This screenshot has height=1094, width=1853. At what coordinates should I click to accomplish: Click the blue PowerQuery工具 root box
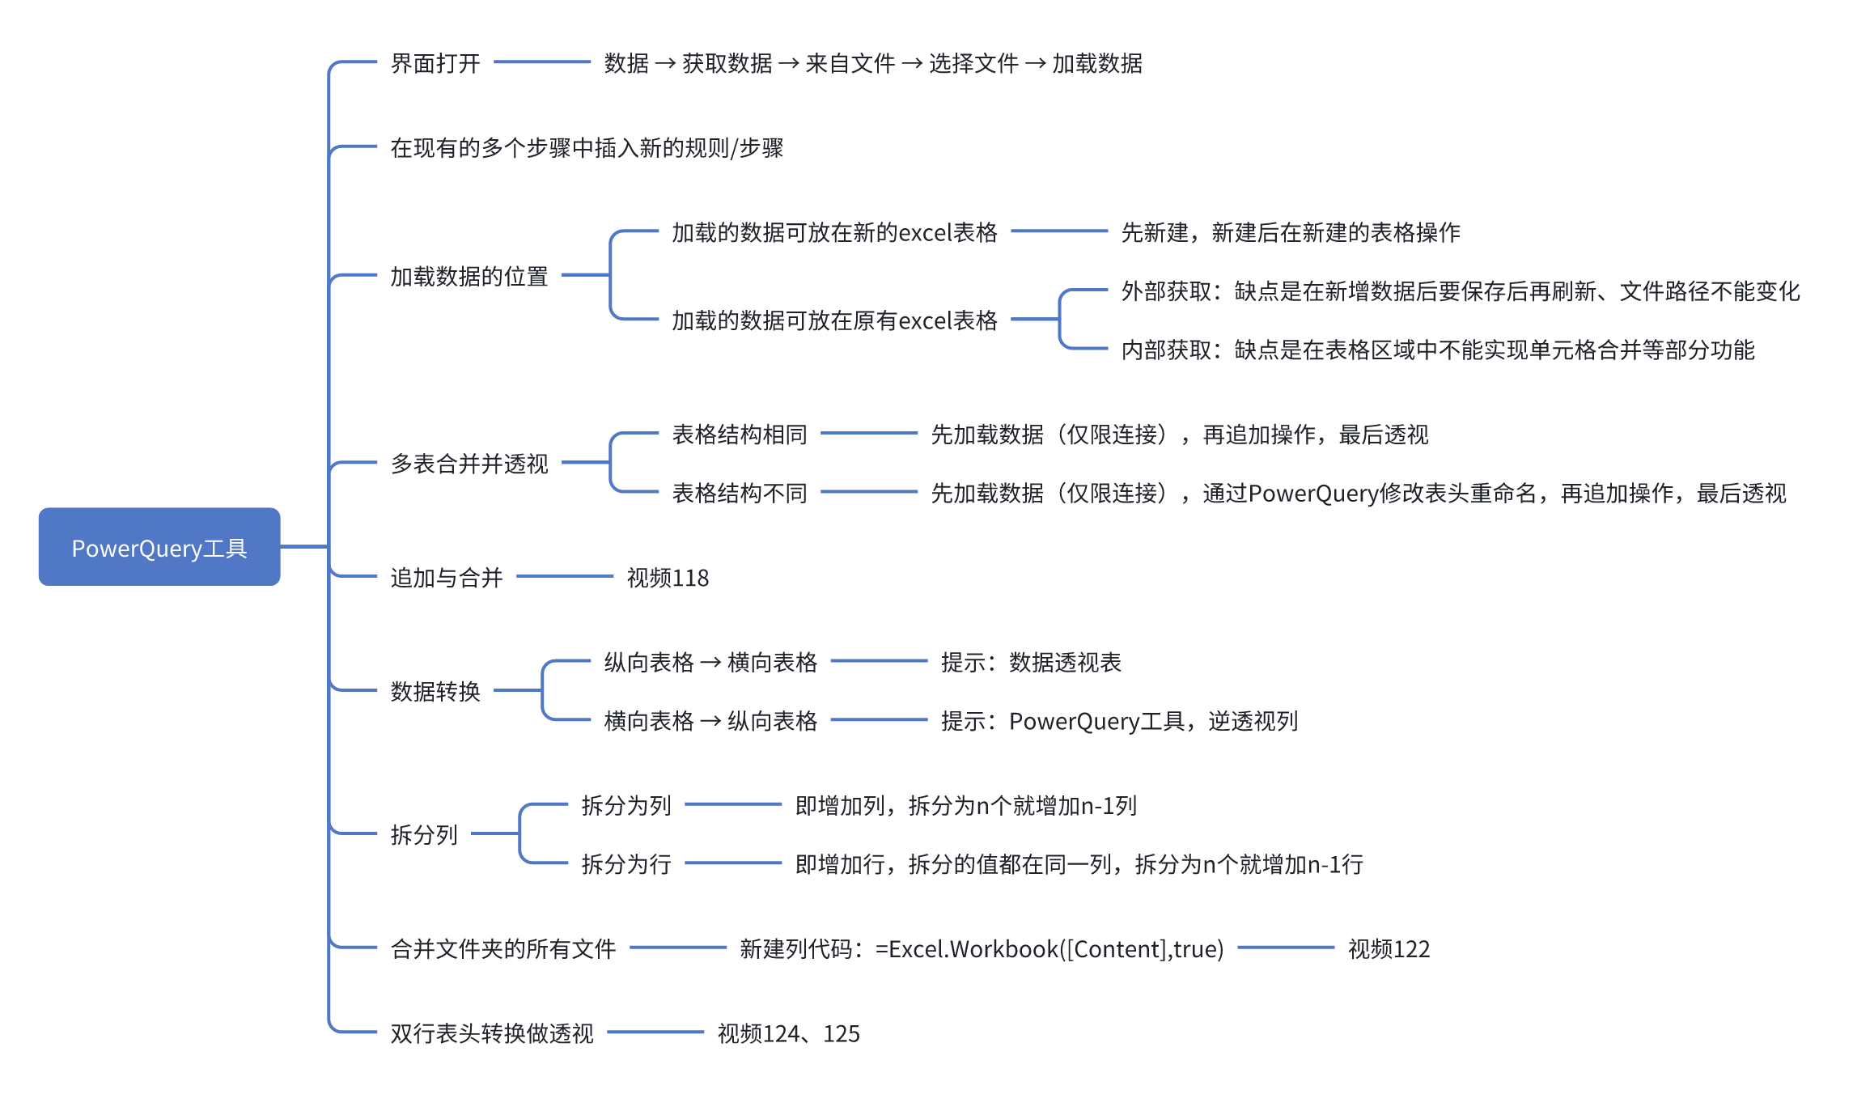coord(159,547)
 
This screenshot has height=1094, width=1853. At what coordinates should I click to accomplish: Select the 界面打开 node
coord(435,63)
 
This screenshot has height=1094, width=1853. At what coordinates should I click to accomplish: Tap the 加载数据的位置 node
coord(469,276)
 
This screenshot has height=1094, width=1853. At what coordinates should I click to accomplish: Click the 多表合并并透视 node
coord(469,464)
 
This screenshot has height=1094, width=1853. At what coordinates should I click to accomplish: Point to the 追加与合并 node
coord(446,578)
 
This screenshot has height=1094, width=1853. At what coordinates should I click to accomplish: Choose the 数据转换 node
coord(435,691)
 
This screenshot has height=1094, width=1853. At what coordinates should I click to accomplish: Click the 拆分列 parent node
coord(424,834)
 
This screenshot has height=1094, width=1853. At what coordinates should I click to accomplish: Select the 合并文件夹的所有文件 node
coord(502,948)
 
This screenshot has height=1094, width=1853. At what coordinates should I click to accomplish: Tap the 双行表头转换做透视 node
coord(491,1033)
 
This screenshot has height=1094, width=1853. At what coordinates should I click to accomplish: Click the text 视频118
coord(668,578)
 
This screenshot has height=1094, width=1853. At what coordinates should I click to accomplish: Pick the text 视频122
coord(1389,948)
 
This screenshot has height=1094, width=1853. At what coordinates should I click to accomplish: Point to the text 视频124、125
coord(788,1033)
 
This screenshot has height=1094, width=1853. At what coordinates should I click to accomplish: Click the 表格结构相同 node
coord(739,435)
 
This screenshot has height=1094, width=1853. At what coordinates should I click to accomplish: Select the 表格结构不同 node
coord(739,493)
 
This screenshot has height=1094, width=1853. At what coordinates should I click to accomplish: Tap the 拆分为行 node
coord(625,864)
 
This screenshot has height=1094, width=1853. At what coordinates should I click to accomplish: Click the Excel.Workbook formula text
coord(981,948)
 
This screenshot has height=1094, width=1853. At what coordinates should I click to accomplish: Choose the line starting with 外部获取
coord(1460,290)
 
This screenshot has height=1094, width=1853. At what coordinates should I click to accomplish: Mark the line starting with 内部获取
coord(1437,350)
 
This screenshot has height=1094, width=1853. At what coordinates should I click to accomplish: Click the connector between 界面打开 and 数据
coord(541,62)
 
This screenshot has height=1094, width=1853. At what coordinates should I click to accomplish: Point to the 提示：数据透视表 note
coord(1030,663)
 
